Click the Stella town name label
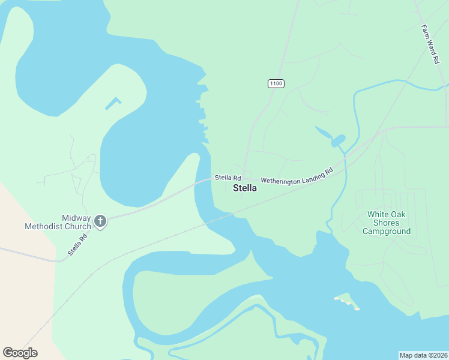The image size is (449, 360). click(x=244, y=188)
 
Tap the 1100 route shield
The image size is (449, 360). click(x=276, y=83)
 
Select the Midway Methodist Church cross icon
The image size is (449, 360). click(x=100, y=222)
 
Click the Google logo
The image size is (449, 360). click(x=20, y=352)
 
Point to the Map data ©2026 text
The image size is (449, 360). click(x=424, y=355)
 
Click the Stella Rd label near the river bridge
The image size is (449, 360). click(x=228, y=178)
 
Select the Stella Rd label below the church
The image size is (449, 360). click(x=77, y=244)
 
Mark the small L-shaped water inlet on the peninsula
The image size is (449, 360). click(x=112, y=103)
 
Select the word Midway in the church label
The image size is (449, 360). click(x=76, y=218)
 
